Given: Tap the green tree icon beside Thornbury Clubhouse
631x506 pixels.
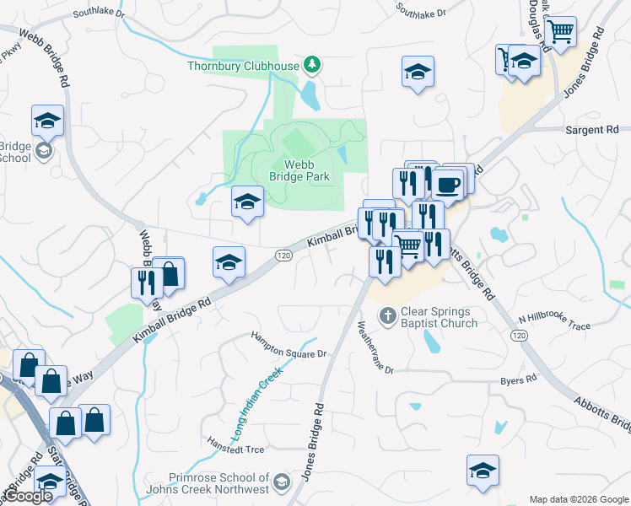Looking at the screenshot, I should click(x=313, y=64).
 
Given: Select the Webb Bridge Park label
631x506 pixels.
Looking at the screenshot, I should click(x=299, y=170).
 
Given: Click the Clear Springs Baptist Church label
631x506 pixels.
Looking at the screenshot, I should click(x=439, y=317).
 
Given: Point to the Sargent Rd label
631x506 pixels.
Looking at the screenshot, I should click(x=594, y=130).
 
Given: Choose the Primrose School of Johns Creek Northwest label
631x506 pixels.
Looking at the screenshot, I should click(x=218, y=483).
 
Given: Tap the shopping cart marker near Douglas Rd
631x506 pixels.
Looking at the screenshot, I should click(x=560, y=33).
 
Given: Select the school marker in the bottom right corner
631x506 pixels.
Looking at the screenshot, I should click(x=483, y=470).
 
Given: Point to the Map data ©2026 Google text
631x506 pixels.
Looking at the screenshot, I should click(x=579, y=499).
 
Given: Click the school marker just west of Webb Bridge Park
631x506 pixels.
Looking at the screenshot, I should click(x=247, y=202).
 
